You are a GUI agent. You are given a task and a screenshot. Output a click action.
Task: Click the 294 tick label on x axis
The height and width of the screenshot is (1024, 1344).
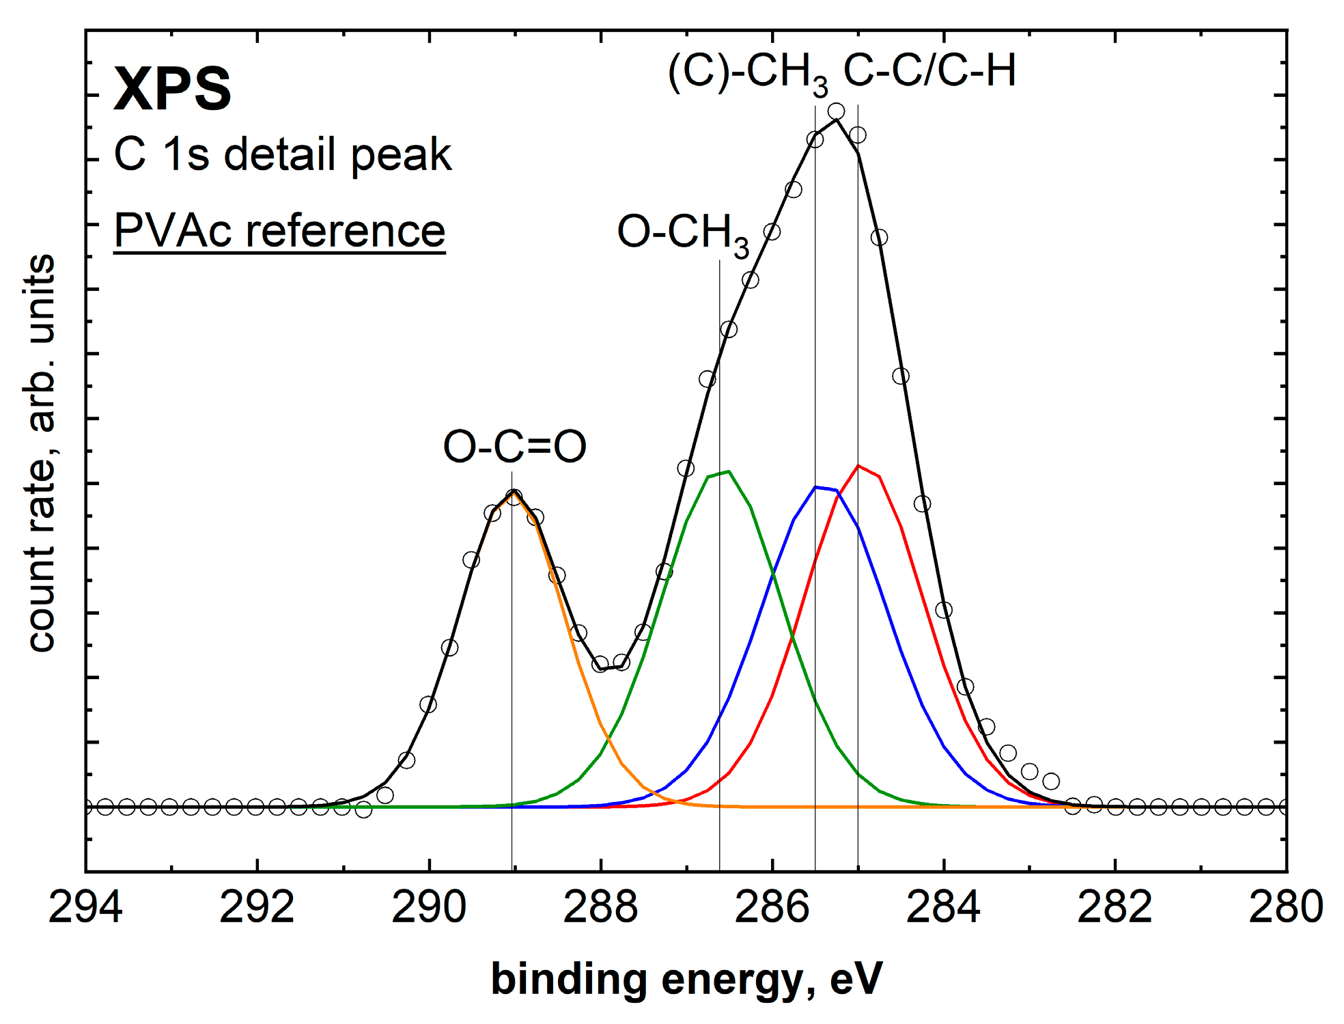point(85,908)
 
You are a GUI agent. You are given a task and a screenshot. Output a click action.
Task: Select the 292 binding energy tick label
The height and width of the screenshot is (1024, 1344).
point(257,908)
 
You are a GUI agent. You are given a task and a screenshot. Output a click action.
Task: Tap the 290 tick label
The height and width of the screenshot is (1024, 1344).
point(429,908)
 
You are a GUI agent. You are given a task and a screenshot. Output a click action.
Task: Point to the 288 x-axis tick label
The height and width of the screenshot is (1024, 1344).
point(600,908)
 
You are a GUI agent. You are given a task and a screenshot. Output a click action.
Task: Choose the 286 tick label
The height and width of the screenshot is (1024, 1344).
point(772,908)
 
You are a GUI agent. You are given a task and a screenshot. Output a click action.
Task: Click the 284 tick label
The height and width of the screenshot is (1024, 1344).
point(943,908)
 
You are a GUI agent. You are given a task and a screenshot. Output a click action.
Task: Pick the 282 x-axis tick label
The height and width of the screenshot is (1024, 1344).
point(1115,908)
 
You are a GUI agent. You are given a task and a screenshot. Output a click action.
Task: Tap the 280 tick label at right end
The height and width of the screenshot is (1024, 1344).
point(1286,908)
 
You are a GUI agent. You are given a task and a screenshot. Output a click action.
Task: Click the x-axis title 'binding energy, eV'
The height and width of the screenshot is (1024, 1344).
point(686,980)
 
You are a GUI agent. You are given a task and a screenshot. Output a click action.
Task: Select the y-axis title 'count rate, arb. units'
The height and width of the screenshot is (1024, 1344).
point(41,453)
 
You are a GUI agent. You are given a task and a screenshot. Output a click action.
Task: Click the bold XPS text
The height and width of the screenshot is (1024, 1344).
point(172,89)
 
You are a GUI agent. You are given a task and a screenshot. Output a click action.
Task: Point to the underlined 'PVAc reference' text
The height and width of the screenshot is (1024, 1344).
point(279,231)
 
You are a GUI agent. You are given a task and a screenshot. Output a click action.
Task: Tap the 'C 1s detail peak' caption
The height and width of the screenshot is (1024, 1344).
point(282,154)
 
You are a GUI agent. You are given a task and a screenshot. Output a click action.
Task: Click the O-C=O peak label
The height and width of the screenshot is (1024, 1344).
point(514,447)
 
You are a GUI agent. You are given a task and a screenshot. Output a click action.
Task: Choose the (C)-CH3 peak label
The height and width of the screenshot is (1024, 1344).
point(748,72)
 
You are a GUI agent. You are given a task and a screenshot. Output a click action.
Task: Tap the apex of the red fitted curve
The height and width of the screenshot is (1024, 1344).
point(858,466)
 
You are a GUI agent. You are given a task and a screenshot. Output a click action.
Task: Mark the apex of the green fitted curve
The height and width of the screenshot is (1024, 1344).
point(729,471)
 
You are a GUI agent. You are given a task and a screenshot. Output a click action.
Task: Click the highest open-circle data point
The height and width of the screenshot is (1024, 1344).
point(836,111)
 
